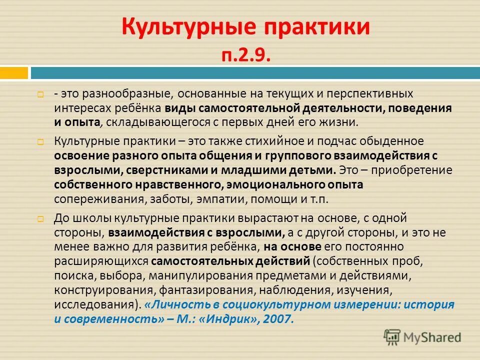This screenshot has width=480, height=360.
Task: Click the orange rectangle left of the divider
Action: pos(13,73)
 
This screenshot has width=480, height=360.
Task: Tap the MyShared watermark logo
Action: pos(422,337)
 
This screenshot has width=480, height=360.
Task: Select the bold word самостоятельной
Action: pos(248,108)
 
